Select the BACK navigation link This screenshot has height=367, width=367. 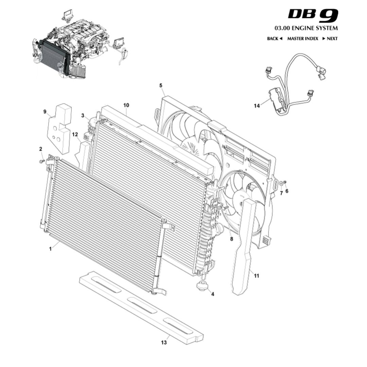click(275, 39)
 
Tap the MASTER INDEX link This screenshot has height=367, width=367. click(303, 39)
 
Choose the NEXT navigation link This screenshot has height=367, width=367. click(330, 39)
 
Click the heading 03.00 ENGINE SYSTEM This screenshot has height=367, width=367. click(306, 29)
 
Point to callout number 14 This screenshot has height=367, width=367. click(257, 106)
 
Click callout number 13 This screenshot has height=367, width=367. click(164, 342)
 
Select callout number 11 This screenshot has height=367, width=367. click(256, 276)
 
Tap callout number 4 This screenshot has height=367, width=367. click(213, 294)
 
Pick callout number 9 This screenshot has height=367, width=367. click(45, 111)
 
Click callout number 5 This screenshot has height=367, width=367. click(161, 85)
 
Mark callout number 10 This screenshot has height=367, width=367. click(126, 105)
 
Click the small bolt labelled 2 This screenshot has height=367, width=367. click(42, 161)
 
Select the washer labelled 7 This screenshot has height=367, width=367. click(281, 184)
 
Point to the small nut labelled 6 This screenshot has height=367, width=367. click(285, 182)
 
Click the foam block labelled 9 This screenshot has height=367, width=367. click(59, 129)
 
